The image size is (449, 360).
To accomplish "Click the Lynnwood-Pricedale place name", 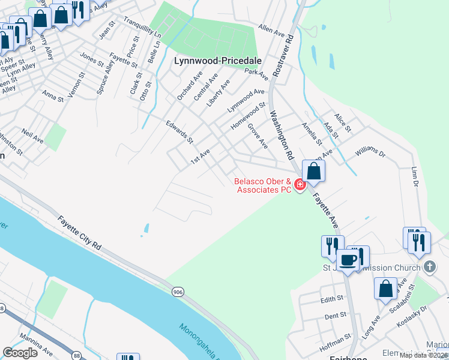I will coord(211,61).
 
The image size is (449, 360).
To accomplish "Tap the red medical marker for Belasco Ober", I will coord(299,184).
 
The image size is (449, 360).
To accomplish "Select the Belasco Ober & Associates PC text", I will coord(262,185).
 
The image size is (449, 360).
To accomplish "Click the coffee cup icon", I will coord(348,260).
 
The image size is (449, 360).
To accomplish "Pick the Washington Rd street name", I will coord(281,134).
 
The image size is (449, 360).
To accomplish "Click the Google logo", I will coord(20,353).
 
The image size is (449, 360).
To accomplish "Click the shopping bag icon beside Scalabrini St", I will coord(385,288).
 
